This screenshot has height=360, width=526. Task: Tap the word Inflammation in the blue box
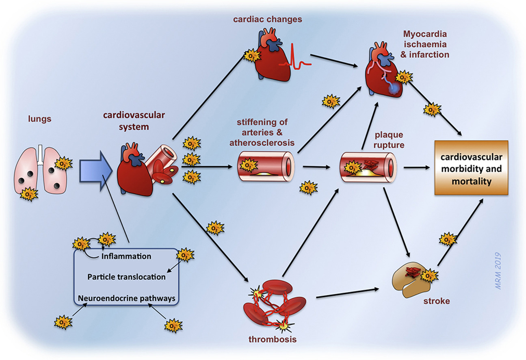(x=126, y=256)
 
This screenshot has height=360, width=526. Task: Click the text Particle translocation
(x=126, y=277)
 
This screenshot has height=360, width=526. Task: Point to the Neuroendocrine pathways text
(x=126, y=298)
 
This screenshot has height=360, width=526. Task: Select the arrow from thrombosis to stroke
(x=347, y=293)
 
